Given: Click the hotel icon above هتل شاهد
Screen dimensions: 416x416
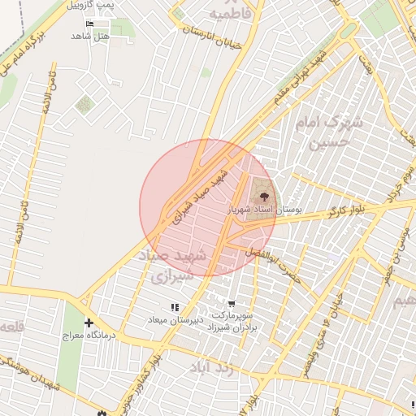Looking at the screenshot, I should click(89, 24).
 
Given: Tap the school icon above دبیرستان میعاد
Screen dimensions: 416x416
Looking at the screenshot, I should click(175, 308).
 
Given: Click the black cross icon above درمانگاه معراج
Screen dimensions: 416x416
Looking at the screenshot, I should click(89, 323).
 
